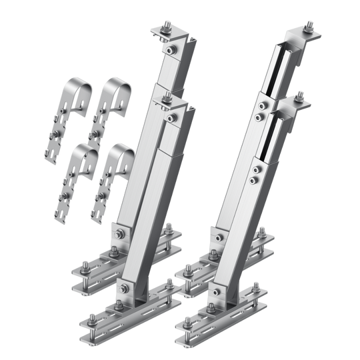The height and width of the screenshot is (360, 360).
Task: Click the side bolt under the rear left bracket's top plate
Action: [x=172, y=49]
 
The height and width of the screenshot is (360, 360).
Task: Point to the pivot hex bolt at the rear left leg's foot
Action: [x=119, y=233]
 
